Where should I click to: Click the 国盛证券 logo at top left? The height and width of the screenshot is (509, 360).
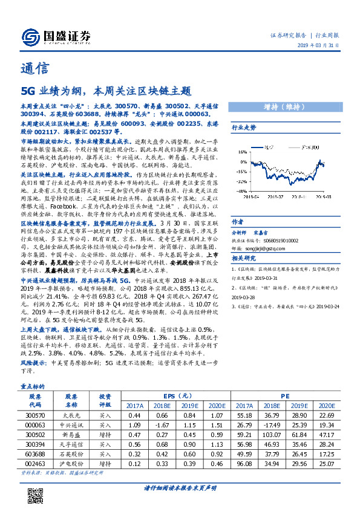point(55,35)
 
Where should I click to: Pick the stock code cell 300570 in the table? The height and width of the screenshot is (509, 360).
point(35,416)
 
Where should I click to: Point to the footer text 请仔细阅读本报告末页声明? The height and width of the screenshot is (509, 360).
point(180,488)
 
